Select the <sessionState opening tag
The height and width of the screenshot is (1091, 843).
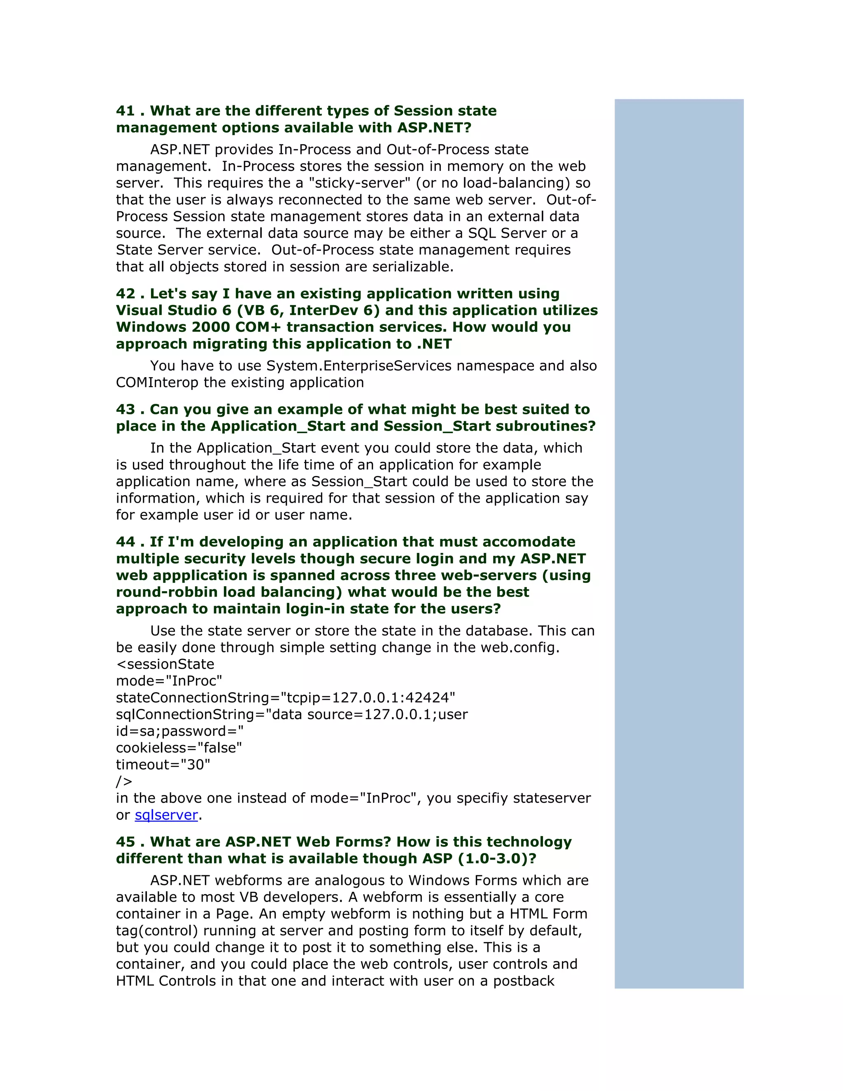tap(165, 664)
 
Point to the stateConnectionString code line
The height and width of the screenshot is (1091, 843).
tap(285, 698)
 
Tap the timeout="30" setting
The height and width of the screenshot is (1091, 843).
tap(163, 765)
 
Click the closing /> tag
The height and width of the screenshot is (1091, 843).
tap(124, 782)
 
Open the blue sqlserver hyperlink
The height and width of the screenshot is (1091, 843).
tap(166, 815)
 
